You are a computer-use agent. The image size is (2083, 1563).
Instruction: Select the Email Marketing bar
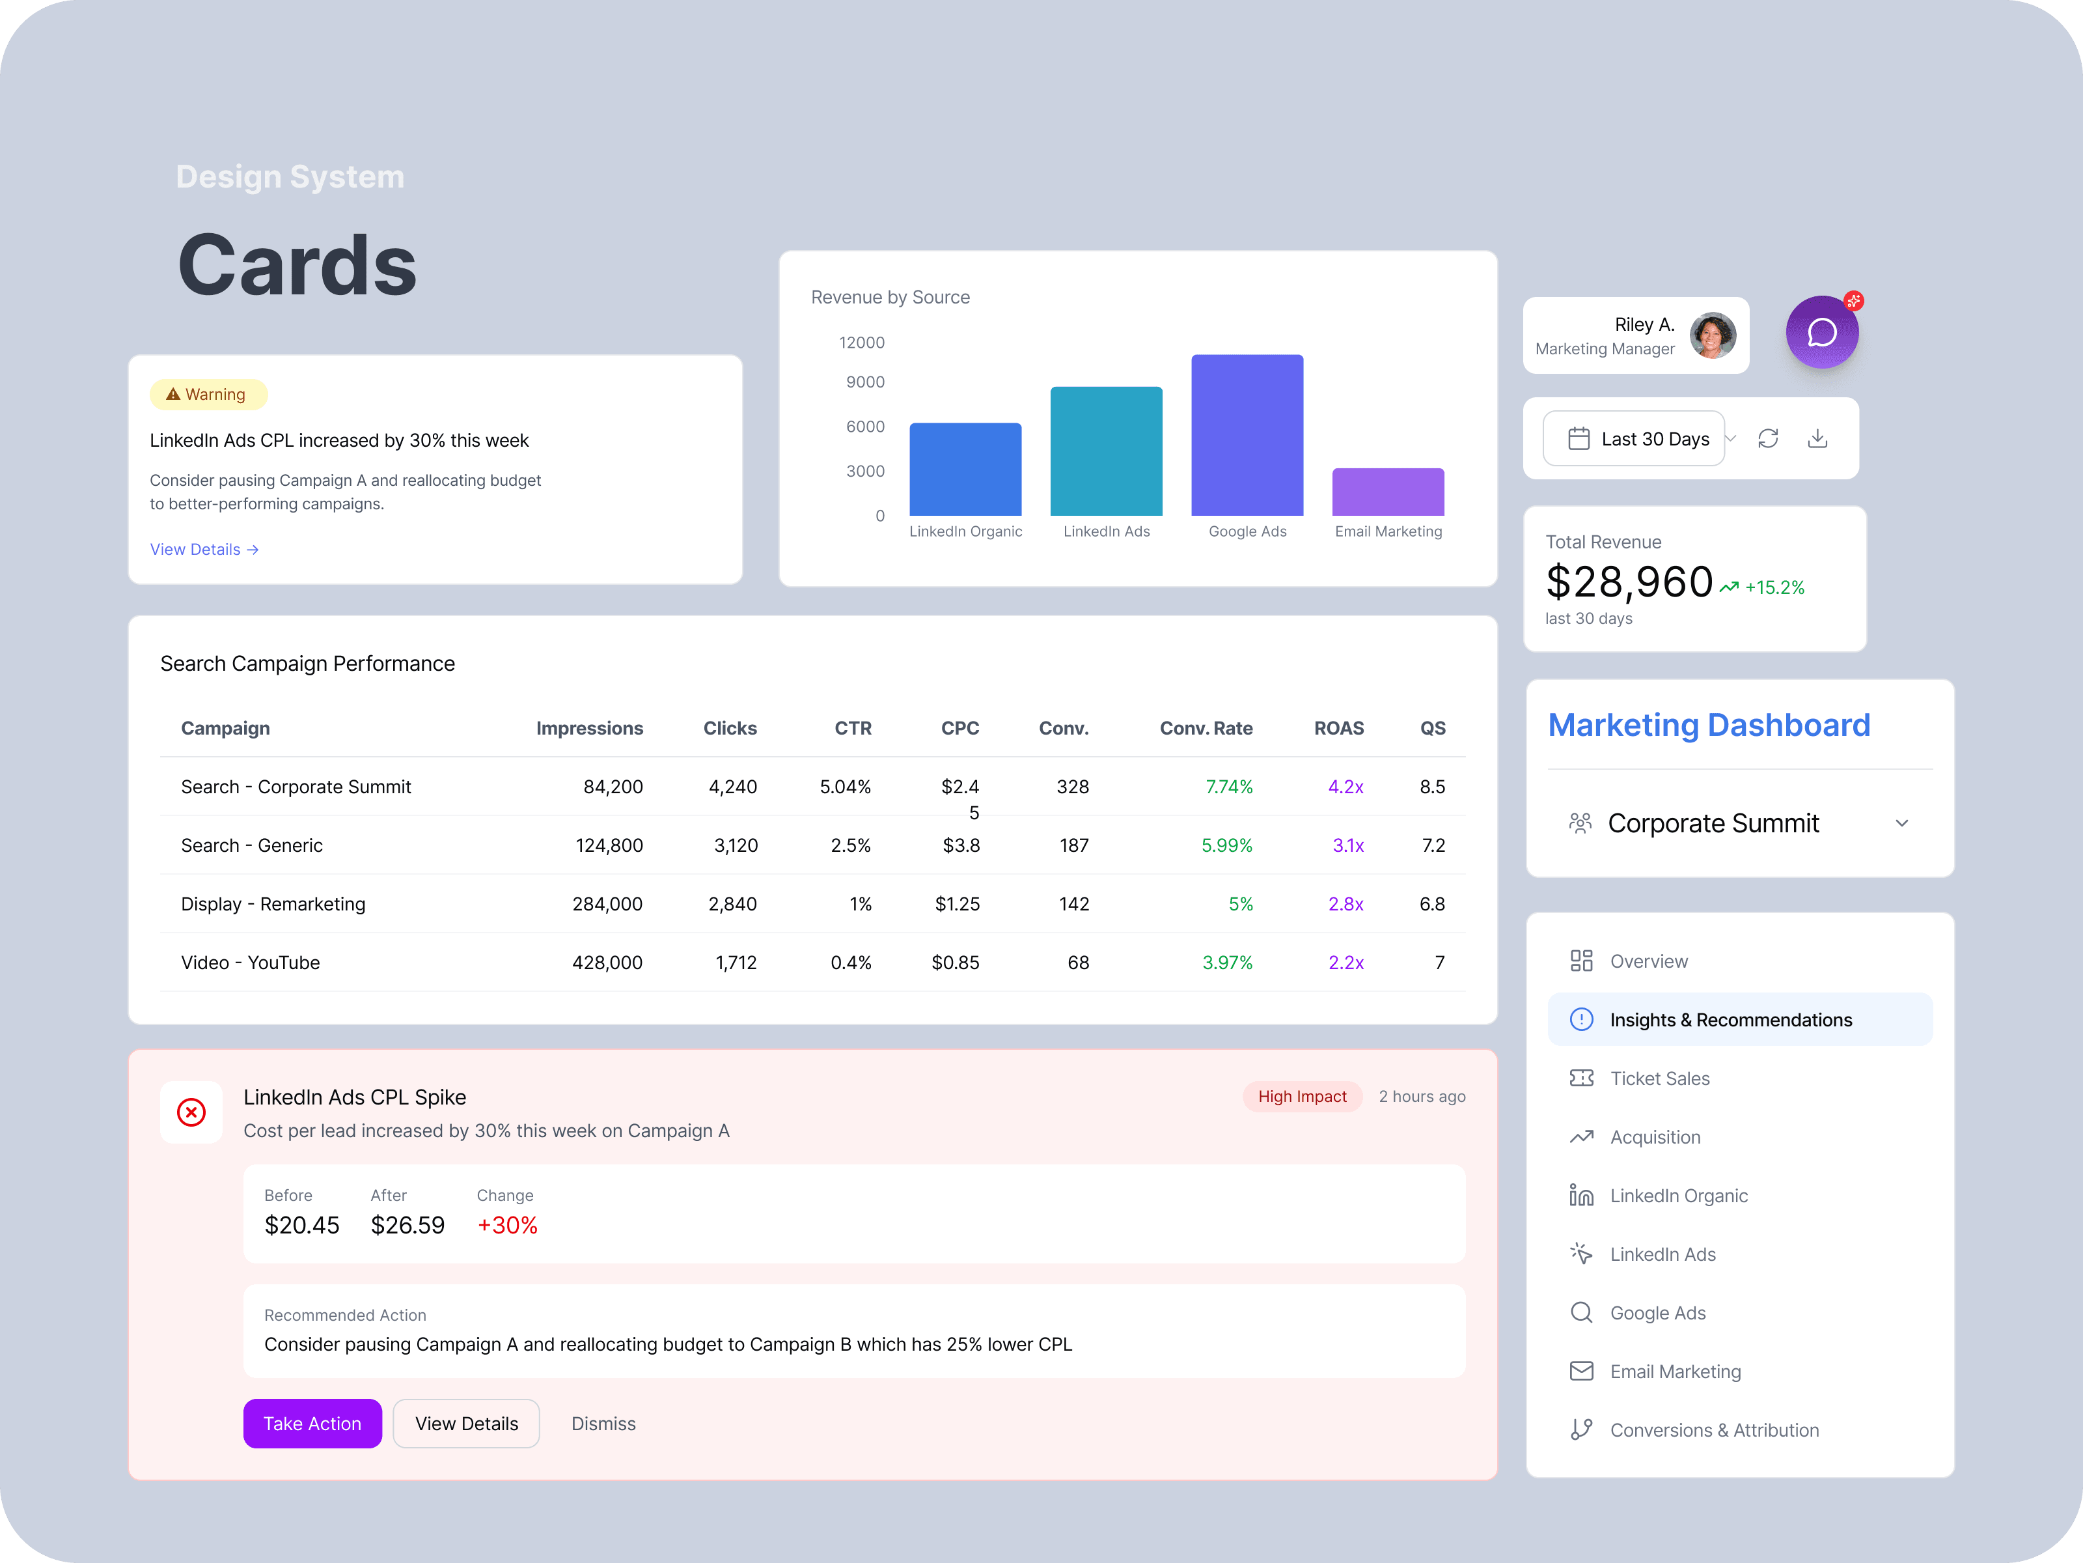[x=1387, y=492]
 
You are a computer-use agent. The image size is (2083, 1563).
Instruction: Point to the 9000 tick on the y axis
[x=864, y=382]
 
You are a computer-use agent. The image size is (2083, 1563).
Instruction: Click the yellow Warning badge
[x=208, y=394]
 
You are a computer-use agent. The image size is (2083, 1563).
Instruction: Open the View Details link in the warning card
[x=203, y=549]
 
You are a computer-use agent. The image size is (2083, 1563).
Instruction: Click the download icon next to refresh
[x=1817, y=438]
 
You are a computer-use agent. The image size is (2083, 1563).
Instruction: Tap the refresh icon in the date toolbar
[x=1767, y=438]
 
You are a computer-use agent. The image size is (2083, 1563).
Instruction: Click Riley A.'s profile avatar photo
[x=1712, y=335]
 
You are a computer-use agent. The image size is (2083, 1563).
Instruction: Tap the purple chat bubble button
[x=1821, y=333]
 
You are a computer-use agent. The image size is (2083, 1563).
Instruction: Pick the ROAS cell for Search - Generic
[x=1347, y=845]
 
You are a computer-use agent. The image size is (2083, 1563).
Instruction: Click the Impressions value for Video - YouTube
[x=607, y=962]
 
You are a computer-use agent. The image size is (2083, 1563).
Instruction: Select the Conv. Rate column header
[x=1206, y=728]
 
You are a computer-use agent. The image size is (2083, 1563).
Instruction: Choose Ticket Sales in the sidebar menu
[x=1659, y=1078]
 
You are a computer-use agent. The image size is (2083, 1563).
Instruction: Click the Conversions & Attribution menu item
[x=1714, y=1429]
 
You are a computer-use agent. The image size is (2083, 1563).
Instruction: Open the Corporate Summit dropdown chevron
[x=1901, y=823]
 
